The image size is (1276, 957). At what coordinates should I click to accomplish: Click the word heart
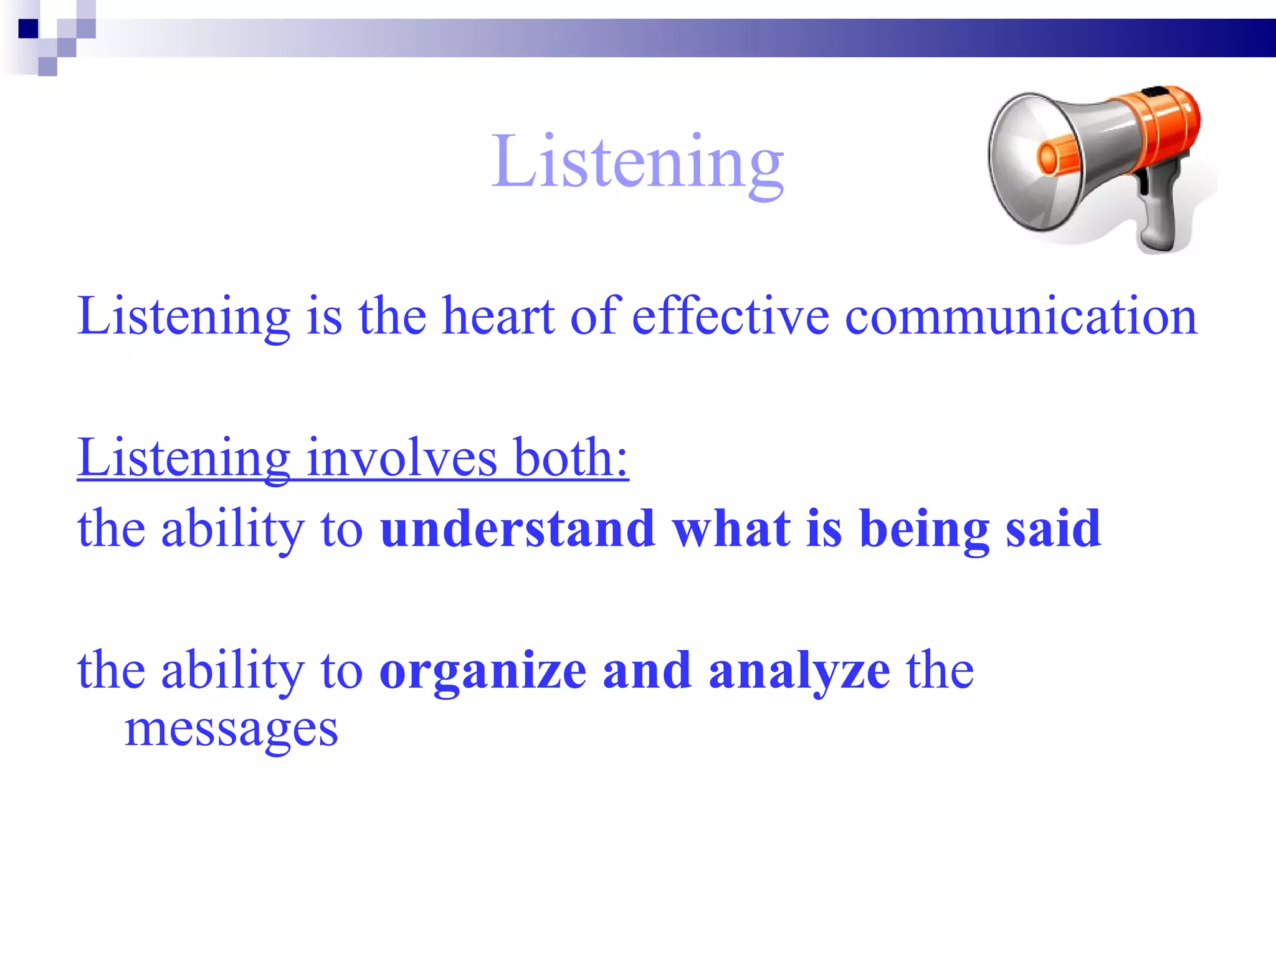click(498, 316)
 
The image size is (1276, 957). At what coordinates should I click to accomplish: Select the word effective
click(730, 316)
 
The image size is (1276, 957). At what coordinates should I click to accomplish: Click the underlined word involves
click(402, 458)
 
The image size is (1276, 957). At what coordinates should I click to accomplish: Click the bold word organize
click(483, 672)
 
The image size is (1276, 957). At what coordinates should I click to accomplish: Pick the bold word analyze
click(799, 672)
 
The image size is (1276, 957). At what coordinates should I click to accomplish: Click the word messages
click(231, 730)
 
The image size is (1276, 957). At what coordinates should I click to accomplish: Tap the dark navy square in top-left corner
click(28, 29)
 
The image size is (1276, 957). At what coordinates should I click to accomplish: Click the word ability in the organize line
click(232, 672)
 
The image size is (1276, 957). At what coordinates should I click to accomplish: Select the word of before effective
click(595, 316)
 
